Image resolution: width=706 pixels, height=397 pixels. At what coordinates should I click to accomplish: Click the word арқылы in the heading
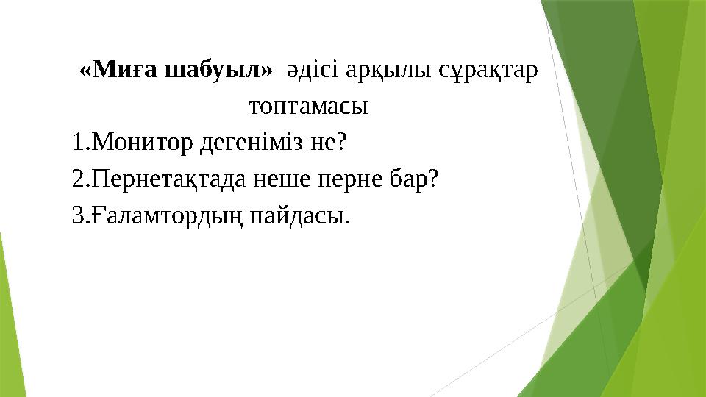[387, 71]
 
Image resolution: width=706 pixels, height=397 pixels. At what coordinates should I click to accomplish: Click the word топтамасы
[309, 107]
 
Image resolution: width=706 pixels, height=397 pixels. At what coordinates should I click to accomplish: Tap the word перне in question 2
[352, 179]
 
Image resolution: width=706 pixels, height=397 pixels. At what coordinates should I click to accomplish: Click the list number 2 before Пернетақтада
[79, 179]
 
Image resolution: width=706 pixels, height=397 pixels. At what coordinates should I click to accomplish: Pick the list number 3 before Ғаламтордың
[79, 216]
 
